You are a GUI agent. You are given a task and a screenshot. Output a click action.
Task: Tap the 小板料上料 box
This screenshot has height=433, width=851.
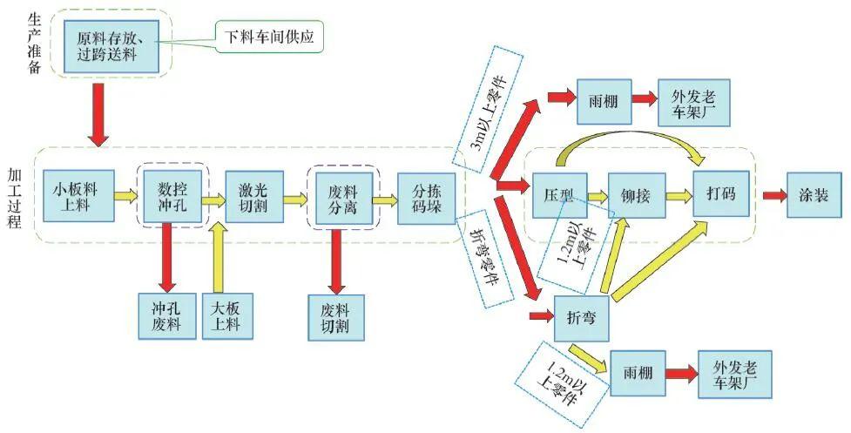click(x=78, y=197)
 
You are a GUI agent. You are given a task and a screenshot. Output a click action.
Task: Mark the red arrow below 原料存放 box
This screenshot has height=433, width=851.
click(x=98, y=114)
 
